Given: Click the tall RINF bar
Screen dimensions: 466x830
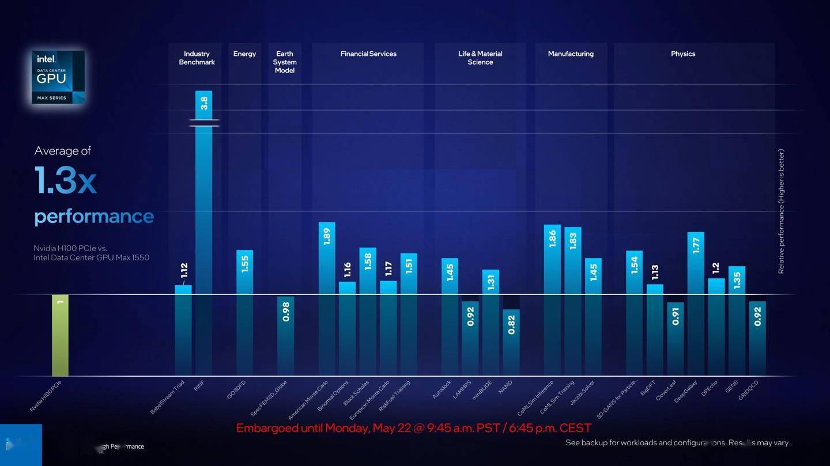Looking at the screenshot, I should pyautogui.click(x=203, y=230).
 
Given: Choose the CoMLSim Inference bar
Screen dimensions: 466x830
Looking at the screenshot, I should pyautogui.click(x=552, y=300).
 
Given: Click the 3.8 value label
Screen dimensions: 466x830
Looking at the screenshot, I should pyautogui.click(x=204, y=103).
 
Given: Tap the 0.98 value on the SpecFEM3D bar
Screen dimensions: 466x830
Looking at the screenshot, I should pyautogui.click(x=286, y=312).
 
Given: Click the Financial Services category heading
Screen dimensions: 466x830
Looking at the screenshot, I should pyautogui.click(x=368, y=54).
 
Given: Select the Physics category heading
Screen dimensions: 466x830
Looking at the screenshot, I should pyautogui.click(x=683, y=54).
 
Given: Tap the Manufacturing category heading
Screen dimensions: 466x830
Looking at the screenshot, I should pyautogui.click(x=571, y=54).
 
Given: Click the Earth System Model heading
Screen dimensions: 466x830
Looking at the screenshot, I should pyautogui.click(x=285, y=62).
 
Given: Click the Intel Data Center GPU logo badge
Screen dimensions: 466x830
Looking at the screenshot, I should pyautogui.click(x=58, y=77).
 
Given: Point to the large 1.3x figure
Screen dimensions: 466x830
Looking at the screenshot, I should pyautogui.click(x=65, y=180).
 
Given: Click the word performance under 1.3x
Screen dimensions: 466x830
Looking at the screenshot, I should pyautogui.click(x=94, y=217).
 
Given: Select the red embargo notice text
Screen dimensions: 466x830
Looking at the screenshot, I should pyautogui.click(x=414, y=428).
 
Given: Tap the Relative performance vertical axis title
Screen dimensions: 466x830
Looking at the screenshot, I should pyautogui.click(x=782, y=211).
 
